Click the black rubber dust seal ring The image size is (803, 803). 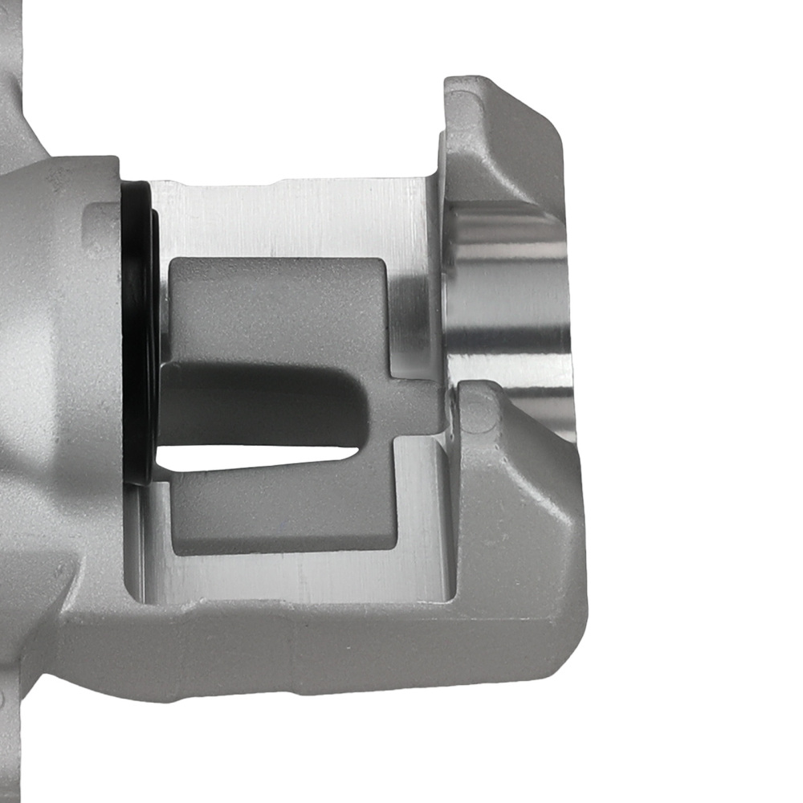click(x=138, y=321)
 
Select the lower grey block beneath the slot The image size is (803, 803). click(x=281, y=514)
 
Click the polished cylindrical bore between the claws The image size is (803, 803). click(x=514, y=305)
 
